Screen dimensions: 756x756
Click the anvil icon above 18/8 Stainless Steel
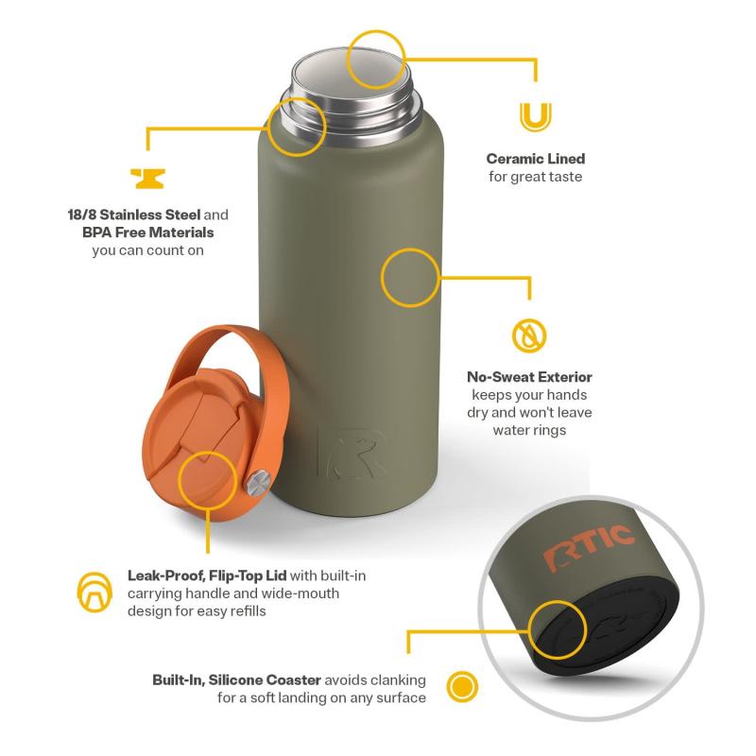[x=148, y=179]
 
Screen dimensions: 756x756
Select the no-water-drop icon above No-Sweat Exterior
[x=529, y=335]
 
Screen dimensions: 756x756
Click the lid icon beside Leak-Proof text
[x=94, y=593]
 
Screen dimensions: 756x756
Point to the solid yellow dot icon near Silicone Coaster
[x=462, y=686]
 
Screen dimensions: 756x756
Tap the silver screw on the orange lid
[x=257, y=483]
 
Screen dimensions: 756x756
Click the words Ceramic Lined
[x=535, y=159]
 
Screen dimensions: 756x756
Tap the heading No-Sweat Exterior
[x=529, y=377]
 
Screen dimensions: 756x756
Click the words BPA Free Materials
[x=148, y=232]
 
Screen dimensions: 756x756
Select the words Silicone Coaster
[x=265, y=679]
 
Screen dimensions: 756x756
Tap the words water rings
[x=529, y=430]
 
